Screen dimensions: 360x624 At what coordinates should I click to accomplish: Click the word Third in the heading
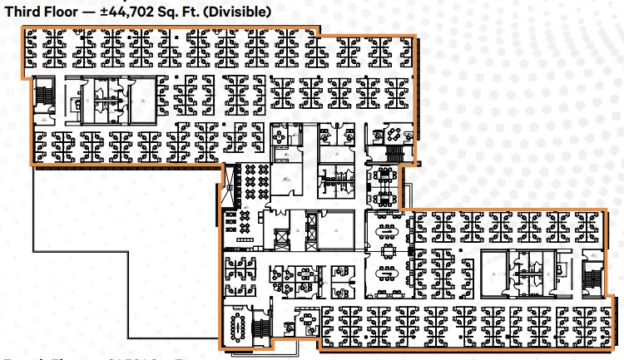(x=25, y=12)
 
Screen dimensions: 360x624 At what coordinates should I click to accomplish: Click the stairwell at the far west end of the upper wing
(x=42, y=96)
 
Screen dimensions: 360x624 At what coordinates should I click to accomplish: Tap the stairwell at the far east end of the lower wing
(x=593, y=279)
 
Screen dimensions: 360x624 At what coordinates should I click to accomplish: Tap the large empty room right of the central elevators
(x=337, y=226)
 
